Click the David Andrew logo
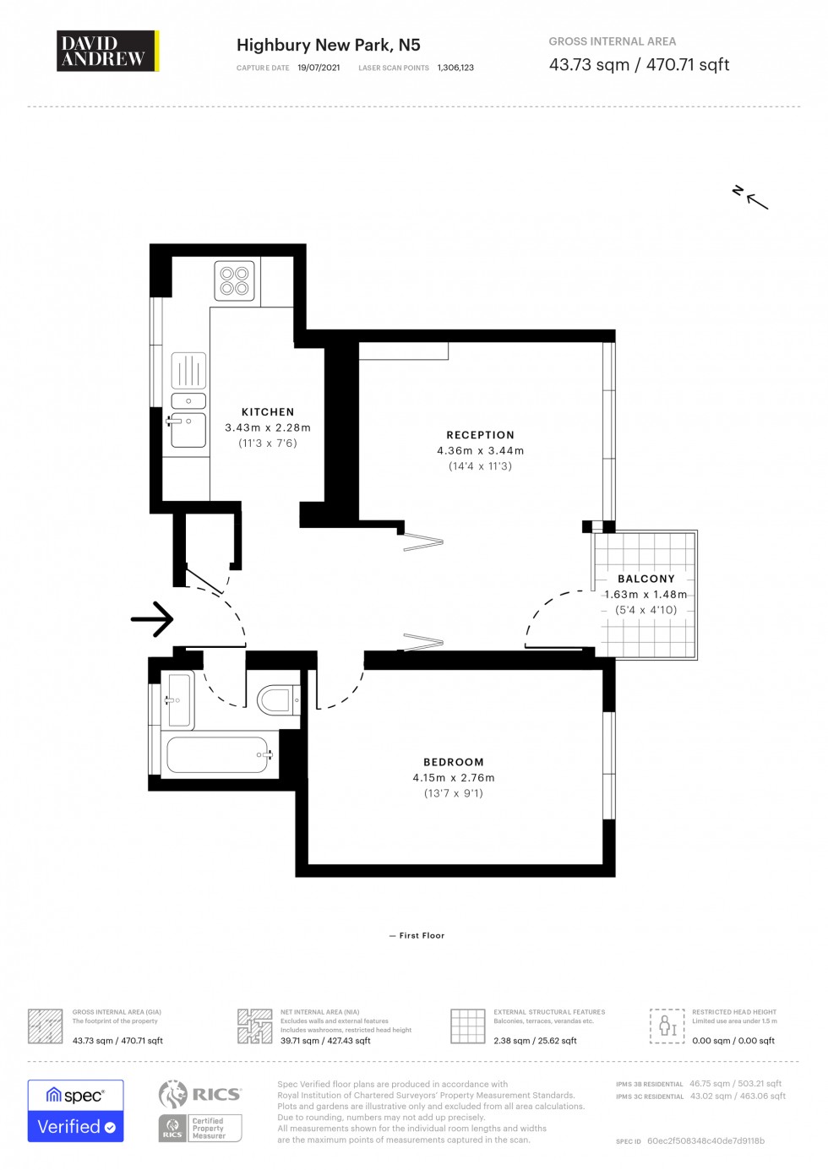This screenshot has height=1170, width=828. click(107, 52)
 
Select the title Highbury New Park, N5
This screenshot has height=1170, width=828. click(328, 45)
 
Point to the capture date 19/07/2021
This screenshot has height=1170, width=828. click(319, 68)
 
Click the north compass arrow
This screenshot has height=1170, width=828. click(750, 198)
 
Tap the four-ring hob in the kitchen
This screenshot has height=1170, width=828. click(234, 281)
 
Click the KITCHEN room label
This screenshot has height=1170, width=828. click(268, 412)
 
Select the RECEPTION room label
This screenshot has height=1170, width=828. click(480, 435)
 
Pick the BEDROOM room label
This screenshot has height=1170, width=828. click(454, 762)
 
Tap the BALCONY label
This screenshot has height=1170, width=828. click(646, 579)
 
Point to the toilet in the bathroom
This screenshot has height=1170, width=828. click(277, 700)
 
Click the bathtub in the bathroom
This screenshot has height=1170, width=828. click(218, 754)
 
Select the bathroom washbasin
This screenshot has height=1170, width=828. click(179, 699)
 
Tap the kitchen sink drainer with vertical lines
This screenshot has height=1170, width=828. click(188, 370)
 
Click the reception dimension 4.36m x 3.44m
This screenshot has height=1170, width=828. click(480, 451)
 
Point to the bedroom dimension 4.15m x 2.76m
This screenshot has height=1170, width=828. click(454, 778)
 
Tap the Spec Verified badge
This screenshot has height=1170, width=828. click(75, 1111)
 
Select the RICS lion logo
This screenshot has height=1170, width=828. click(173, 1094)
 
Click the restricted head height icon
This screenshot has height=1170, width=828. click(667, 1026)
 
